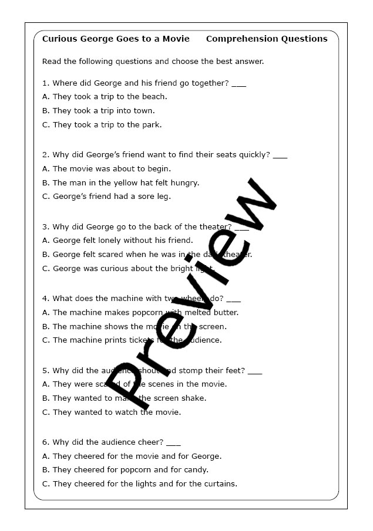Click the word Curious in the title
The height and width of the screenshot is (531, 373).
point(59,39)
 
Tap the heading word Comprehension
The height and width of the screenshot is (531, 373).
point(243,39)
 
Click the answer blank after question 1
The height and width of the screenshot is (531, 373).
point(238,83)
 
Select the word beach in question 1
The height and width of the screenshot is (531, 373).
point(154,97)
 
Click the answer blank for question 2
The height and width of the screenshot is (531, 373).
point(280,155)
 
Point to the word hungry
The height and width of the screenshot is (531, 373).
point(185,182)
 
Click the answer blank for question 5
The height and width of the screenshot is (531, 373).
point(254,371)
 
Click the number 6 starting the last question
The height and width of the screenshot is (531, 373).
point(45,442)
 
